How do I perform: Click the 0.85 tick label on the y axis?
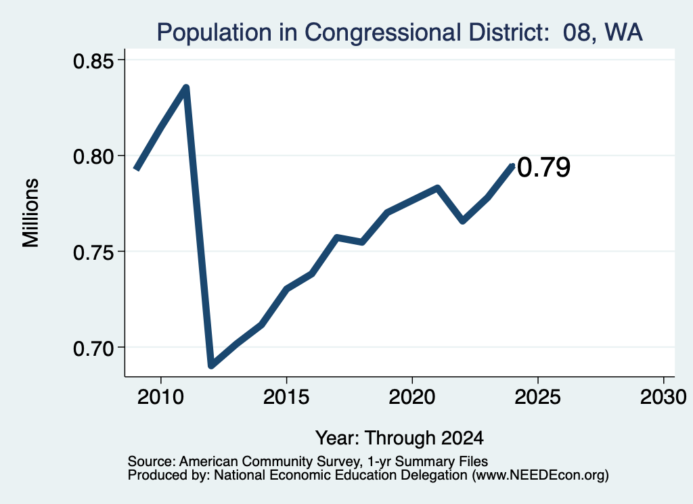93,61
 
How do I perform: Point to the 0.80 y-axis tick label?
93,156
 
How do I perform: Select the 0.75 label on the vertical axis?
93,252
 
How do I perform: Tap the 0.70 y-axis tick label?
93,348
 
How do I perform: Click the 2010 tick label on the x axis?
160,397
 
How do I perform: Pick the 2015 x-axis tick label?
286,397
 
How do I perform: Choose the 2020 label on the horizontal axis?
412,397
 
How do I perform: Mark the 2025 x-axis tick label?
538,397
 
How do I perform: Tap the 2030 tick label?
663,397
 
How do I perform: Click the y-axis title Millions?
31,213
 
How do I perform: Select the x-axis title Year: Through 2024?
399,438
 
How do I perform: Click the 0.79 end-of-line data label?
543,167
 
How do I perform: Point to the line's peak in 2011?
186,87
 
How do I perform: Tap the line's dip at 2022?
463,220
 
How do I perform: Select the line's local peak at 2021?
438,188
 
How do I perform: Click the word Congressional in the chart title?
383,32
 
